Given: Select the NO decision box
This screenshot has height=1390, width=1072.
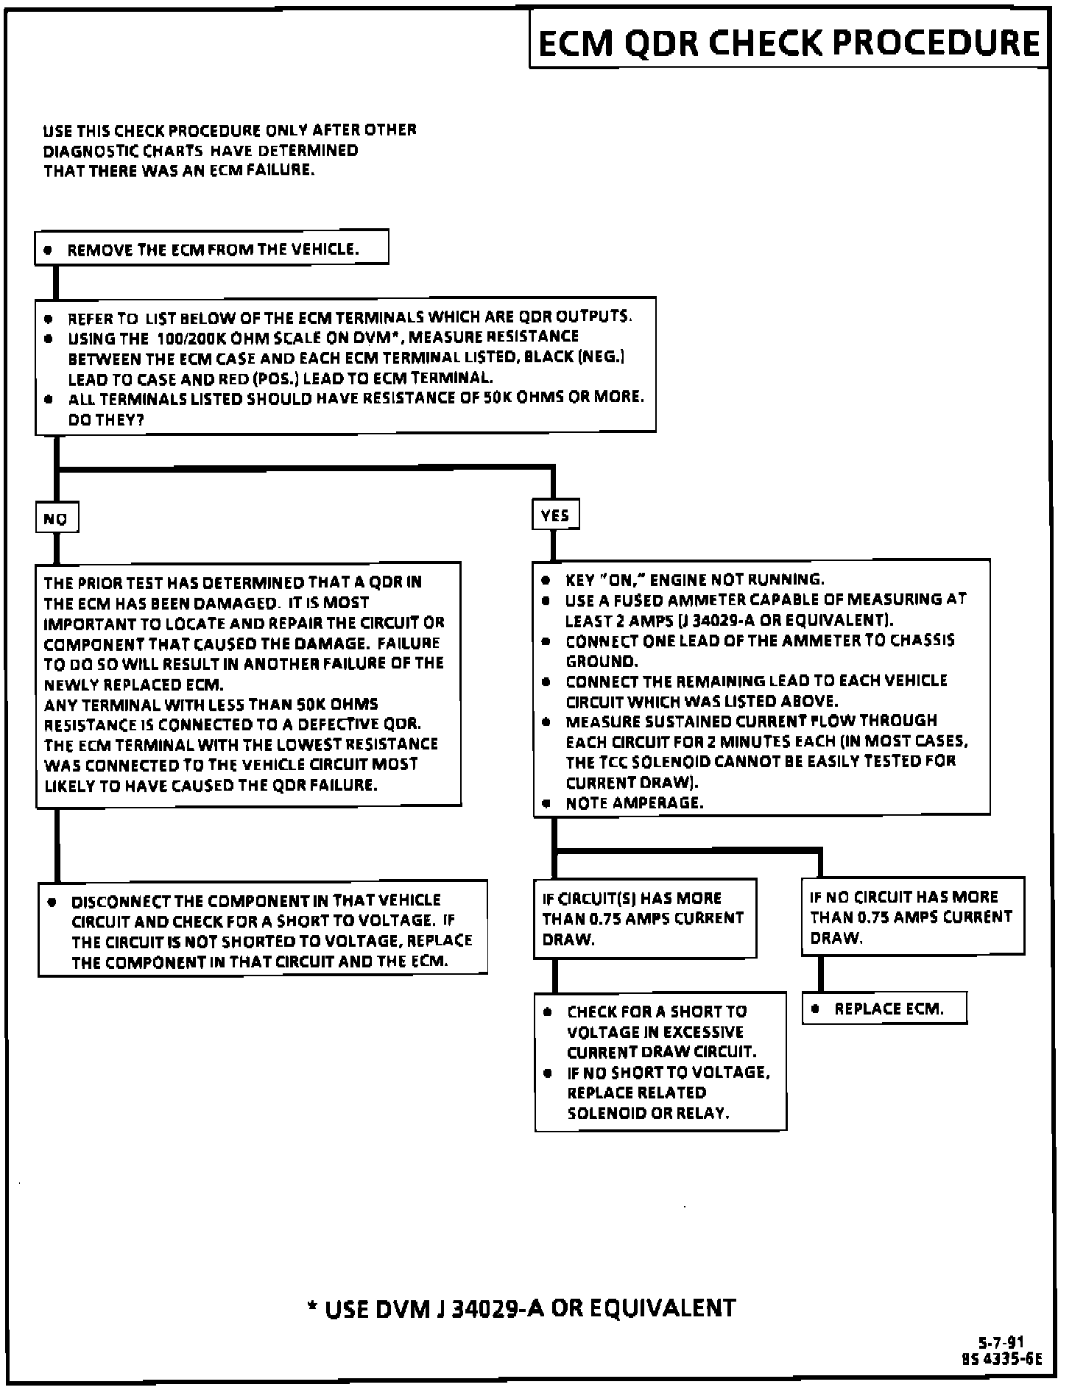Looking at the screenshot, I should point(57,518).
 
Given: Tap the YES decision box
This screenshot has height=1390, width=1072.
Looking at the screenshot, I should point(555,515).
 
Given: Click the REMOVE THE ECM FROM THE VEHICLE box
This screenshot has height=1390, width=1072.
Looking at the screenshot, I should point(211,248).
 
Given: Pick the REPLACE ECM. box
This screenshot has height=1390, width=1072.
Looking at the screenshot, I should point(884,1009).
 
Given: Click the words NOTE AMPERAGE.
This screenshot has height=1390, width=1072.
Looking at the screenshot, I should point(634,802).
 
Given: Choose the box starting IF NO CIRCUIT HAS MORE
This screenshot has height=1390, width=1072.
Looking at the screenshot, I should point(912,917).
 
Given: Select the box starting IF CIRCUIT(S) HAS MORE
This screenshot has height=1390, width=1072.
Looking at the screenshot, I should point(644,918).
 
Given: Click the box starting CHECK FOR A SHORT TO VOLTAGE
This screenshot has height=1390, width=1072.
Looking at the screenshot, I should point(660,1062).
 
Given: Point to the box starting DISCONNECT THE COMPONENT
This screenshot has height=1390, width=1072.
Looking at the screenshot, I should point(263,929).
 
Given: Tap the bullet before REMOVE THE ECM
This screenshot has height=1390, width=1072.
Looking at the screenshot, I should point(49,250).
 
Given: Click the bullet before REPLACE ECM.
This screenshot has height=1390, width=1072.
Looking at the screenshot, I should point(815,1009).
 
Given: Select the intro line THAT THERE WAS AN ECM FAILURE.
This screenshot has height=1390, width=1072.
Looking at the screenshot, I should point(179,170).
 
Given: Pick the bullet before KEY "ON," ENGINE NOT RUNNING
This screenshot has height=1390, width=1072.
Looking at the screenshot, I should point(546,580).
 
